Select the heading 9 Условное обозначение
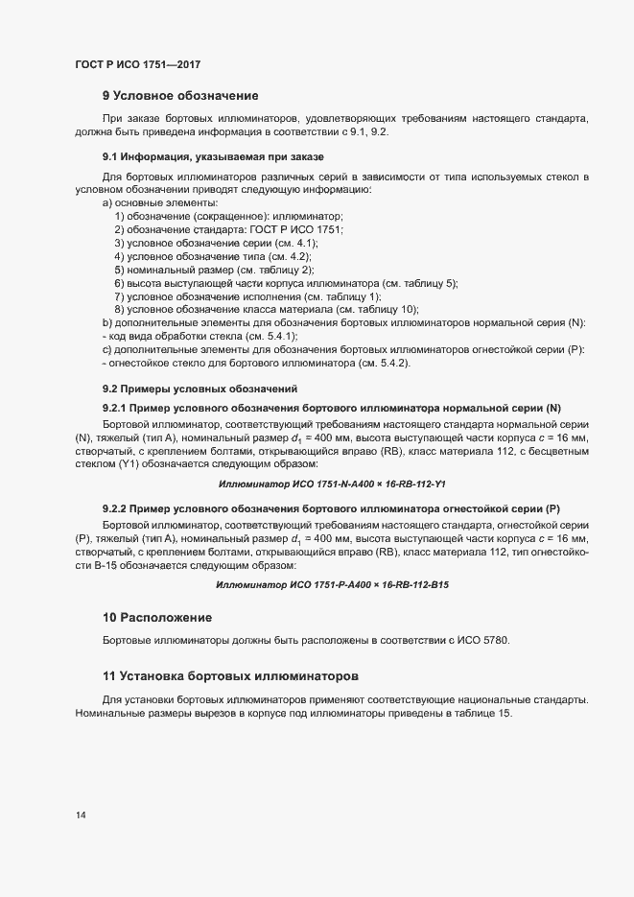pyautogui.click(x=180, y=95)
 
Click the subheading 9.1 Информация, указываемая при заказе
pyautogui.click(x=213, y=156)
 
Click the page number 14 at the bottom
pyautogui.click(x=80, y=815)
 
